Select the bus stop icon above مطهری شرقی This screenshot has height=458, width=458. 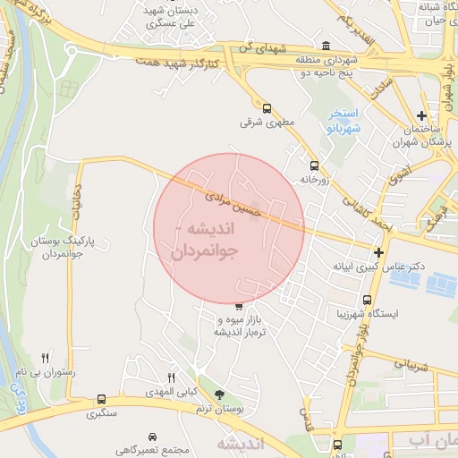[x=266, y=108]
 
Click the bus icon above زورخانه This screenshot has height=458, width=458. [x=314, y=165]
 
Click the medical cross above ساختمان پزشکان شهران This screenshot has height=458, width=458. [x=421, y=115]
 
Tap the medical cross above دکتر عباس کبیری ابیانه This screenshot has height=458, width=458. [x=380, y=253]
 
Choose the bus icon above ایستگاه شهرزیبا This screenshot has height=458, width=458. [x=368, y=301]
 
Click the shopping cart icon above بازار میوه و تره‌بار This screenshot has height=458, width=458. [x=238, y=307]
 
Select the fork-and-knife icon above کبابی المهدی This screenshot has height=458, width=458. [x=172, y=378]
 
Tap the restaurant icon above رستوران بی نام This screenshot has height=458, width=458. [x=45, y=358]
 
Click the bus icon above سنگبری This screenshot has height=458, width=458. [x=101, y=400]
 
